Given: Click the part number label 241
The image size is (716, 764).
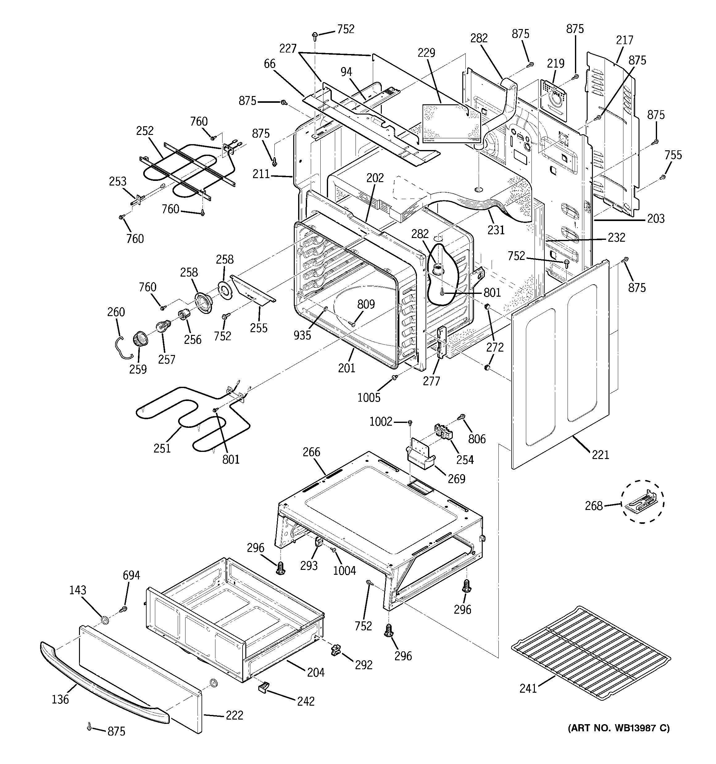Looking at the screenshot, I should pyautogui.click(x=528, y=688).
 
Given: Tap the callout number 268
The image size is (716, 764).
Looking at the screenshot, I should pyautogui.click(x=594, y=506).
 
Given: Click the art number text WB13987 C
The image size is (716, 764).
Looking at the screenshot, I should pyautogui.click(x=619, y=728).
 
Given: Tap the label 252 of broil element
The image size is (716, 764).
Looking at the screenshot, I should pyautogui.click(x=144, y=131).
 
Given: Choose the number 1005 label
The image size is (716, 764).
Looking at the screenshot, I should pyautogui.click(x=369, y=397).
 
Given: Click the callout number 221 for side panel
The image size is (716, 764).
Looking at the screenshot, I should pyautogui.click(x=600, y=455).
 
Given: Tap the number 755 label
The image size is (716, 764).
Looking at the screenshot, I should pyautogui.click(x=673, y=155).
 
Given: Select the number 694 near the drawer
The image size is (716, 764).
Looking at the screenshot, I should pyautogui.click(x=131, y=575).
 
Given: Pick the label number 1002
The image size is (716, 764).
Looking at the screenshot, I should pyautogui.click(x=381, y=422).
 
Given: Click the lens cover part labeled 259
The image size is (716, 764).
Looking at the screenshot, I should pyautogui.click(x=140, y=340).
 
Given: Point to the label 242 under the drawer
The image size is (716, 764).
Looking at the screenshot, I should pyautogui.click(x=306, y=701).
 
